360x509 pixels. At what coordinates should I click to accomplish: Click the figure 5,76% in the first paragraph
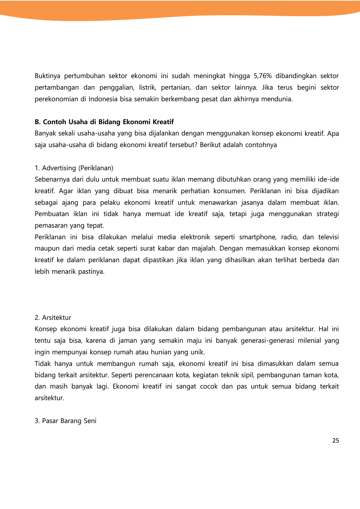click(x=263, y=76)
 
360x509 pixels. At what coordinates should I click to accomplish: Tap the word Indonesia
click(x=103, y=99)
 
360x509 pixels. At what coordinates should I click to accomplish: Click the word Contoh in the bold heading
click(x=55, y=122)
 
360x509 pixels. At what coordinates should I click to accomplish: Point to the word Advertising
click(x=59, y=168)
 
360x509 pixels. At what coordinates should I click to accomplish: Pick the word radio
click(x=289, y=237)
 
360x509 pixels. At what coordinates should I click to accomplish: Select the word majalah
click(x=204, y=249)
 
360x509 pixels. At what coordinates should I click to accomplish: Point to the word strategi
click(x=328, y=214)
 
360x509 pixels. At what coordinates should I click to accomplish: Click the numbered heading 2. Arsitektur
click(x=53, y=318)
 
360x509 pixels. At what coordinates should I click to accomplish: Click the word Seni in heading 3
click(x=90, y=421)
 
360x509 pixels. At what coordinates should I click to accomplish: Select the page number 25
click(x=336, y=441)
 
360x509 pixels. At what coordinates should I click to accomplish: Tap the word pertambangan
click(x=57, y=88)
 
